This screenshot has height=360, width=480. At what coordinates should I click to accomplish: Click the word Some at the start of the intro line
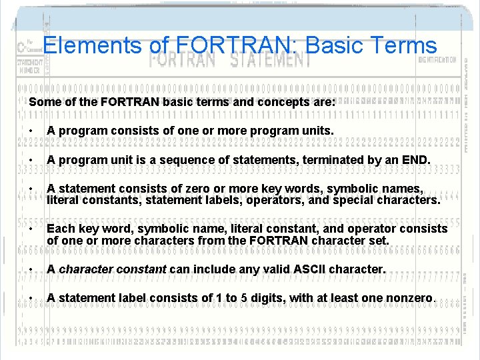(45, 103)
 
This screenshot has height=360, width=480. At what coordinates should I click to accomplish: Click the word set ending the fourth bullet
(380, 239)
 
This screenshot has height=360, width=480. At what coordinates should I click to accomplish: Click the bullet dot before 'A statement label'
(31, 299)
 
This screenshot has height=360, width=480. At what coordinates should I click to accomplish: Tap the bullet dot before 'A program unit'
(31, 161)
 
